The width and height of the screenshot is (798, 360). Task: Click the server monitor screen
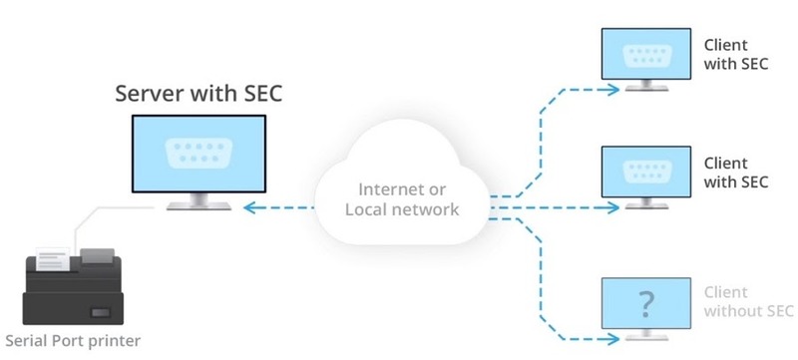pos(199,154)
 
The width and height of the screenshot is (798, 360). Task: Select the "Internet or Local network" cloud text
pos(402,198)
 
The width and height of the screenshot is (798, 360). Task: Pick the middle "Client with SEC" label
pos(737,172)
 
